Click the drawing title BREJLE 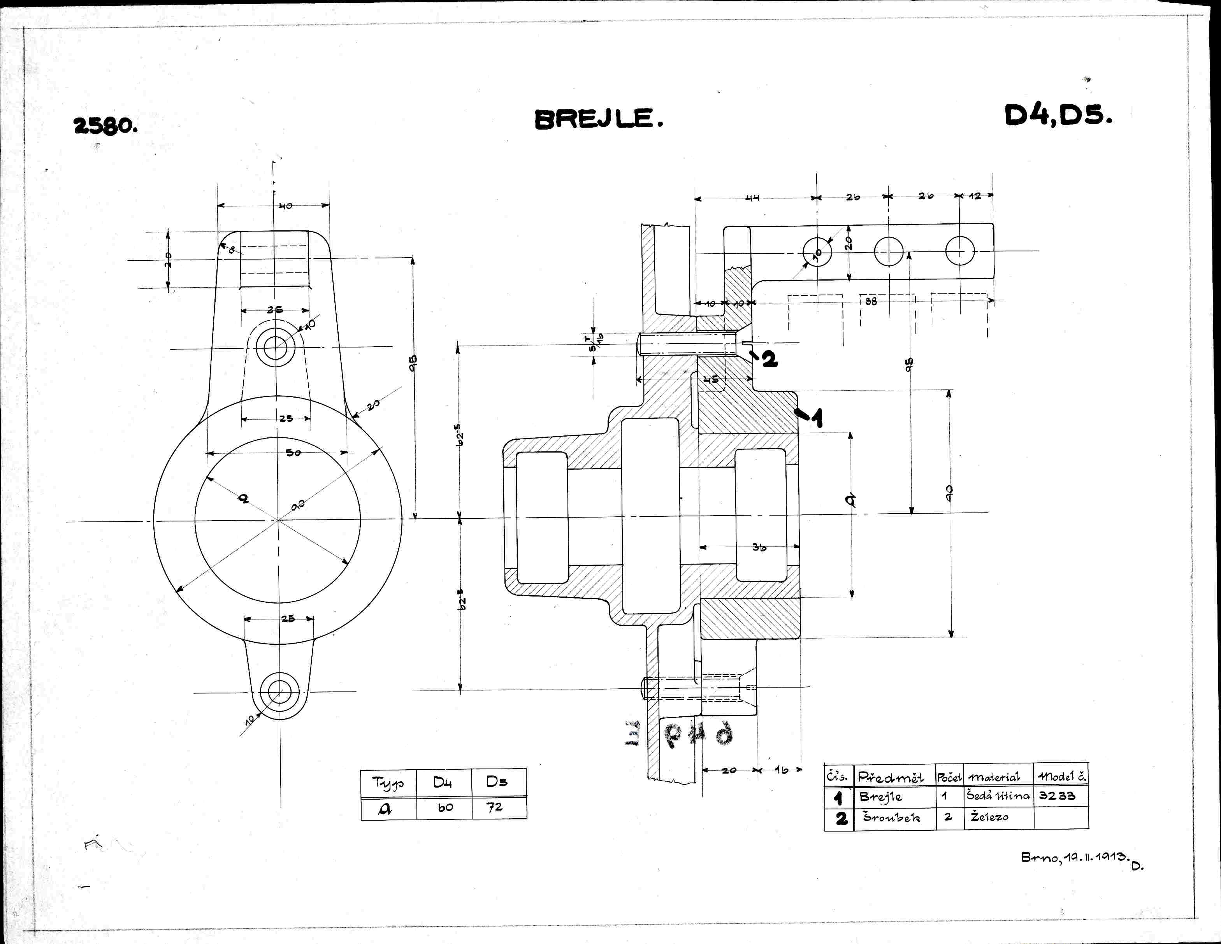click(598, 119)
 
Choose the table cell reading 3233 click(1057, 795)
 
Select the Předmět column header click(890, 776)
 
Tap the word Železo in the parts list click(989, 817)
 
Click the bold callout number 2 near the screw click(770, 360)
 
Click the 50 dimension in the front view click(293, 453)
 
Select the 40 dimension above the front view click(286, 206)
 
